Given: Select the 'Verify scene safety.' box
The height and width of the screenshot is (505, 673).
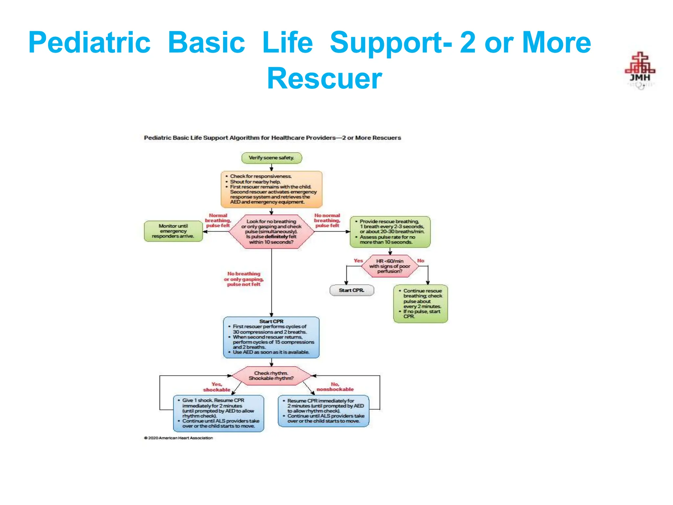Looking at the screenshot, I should point(271,158).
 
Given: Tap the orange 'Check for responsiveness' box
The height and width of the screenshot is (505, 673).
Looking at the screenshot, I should point(271,189).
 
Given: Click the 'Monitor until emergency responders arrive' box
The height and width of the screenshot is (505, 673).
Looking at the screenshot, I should point(173,231).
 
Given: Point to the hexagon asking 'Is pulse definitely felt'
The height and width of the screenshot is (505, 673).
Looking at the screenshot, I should point(271,232).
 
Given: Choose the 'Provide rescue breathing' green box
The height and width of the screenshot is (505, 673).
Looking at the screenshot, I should point(390,232).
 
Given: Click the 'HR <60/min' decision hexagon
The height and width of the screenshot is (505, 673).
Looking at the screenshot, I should point(390,266).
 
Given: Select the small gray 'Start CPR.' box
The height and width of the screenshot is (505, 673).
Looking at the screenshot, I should point(352,290).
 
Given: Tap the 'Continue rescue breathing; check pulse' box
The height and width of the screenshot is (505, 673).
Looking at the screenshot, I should point(420,303).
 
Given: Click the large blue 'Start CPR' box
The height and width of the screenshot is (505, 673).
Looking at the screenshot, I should point(271,337).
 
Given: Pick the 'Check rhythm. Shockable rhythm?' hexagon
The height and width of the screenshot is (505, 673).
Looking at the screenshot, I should point(271,376).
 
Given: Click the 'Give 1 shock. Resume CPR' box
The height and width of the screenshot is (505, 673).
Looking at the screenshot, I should point(219,413).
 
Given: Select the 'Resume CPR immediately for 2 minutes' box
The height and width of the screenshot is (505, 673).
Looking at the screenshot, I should point(324,411).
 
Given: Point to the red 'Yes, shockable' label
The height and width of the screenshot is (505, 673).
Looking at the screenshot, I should point(217,387).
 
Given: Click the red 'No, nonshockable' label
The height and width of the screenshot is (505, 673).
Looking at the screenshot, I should point(335,387).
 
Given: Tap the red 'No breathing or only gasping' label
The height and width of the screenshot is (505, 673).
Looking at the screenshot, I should point(244,279).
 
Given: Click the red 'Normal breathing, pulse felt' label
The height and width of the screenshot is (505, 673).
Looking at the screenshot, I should point(218,221).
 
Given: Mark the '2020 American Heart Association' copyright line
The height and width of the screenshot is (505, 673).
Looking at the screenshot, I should point(178,438).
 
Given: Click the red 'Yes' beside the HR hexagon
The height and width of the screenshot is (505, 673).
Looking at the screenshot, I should point(358,261).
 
